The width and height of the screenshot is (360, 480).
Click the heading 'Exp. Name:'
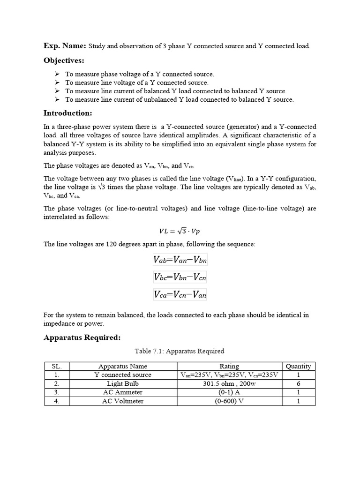click(65, 45)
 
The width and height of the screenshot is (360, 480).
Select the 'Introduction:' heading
click(67, 113)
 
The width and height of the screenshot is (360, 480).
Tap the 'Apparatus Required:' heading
click(82, 337)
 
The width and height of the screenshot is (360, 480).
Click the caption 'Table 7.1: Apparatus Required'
click(180, 351)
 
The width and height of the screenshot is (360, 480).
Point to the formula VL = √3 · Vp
click(180, 231)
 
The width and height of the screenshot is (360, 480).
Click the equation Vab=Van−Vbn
click(180, 260)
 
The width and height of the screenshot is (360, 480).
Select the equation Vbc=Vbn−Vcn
click(180, 277)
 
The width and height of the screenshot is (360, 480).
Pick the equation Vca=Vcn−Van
click(180, 294)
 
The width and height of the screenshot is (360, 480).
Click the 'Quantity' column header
click(298, 366)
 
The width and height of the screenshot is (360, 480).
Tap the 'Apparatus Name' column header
click(123, 366)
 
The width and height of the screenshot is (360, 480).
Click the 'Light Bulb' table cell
click(123, 383)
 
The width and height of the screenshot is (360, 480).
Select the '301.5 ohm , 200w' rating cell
click(229, 383)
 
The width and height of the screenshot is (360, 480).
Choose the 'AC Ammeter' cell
click(123, 392)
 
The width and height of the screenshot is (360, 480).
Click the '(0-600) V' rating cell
click(229, 401)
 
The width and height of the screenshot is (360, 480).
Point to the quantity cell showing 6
click(298, 383)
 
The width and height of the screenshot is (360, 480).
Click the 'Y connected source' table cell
click(123, 375)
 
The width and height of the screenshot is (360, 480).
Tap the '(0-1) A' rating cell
click(229, 392)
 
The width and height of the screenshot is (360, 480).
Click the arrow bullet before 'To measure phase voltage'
click(57, 74)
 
